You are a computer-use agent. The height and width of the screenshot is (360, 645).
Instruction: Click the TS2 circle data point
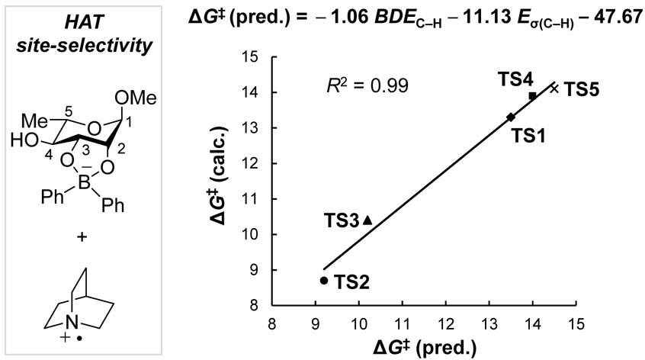pyautogui.click(x=324, y=280)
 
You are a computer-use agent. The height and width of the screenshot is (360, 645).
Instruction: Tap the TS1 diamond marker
pyautogui.click(x=511, y=117)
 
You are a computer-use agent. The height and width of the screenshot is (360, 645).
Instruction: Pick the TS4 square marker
pyautogui.click(x=532, y=95)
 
